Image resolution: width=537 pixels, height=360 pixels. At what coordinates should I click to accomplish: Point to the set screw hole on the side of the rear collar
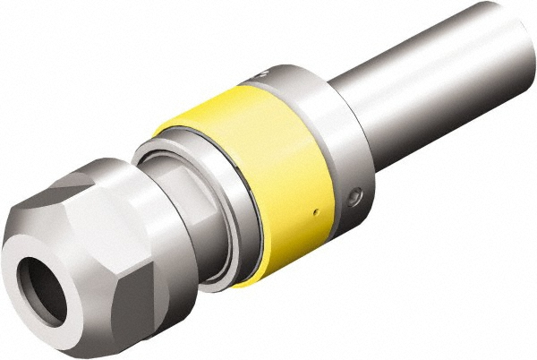click(x=355, y=193)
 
